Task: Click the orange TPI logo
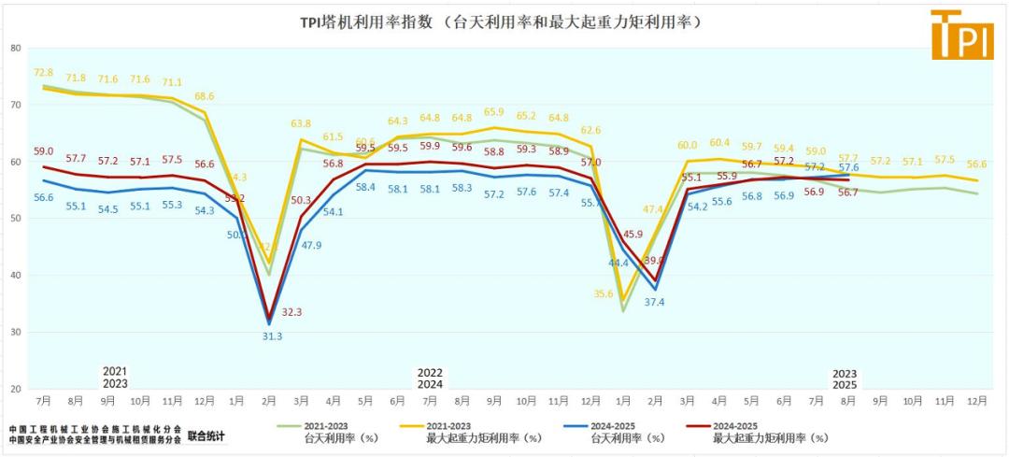(961, 35)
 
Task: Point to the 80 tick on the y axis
(14, 48)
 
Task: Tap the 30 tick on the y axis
(14, 332)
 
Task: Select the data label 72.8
(43, 73)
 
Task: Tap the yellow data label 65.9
(493, 113)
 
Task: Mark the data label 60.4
(719, 143)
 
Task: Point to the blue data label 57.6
(846, 167)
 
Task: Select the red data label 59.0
(43, 150)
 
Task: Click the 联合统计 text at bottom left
(206, 436)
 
